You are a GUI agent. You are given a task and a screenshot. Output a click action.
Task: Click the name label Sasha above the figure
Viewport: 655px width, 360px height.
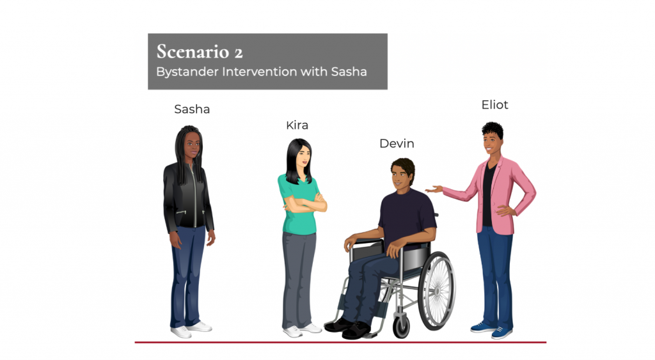192,109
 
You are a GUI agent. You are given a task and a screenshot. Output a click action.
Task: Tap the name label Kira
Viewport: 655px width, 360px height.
297,125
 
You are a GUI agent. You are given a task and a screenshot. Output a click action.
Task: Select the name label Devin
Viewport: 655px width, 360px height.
397,144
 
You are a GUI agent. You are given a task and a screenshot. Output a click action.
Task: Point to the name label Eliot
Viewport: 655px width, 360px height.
494,105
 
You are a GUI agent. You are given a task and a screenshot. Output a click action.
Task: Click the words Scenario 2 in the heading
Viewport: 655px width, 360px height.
200,52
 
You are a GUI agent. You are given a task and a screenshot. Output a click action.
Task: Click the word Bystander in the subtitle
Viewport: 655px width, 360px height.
187,72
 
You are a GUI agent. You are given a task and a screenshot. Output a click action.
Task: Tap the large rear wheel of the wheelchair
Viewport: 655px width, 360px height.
436,291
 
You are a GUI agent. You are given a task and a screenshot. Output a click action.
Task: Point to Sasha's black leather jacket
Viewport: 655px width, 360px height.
187,197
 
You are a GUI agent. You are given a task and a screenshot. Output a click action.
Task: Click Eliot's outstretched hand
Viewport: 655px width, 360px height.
434,189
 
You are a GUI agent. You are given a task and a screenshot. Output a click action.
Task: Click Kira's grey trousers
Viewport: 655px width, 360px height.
299,280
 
